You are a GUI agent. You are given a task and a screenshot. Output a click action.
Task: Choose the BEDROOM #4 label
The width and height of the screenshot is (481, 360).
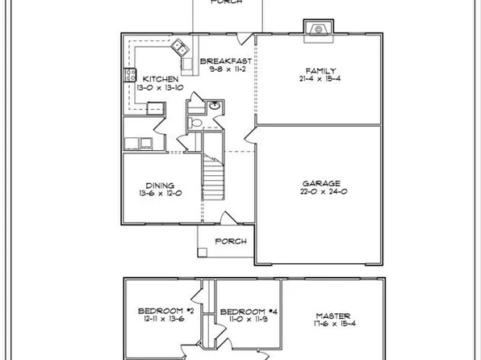pos(240,311)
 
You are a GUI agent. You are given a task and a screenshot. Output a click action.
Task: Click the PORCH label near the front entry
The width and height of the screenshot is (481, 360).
pos(227,241)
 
